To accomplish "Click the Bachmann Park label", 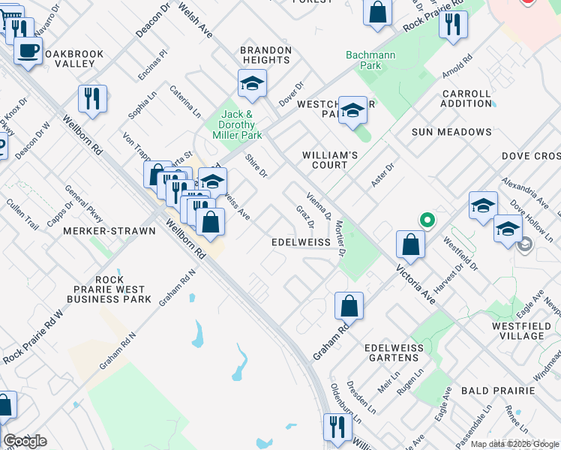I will [364, 60].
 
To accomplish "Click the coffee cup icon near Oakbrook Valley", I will [28, 51].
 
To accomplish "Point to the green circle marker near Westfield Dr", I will [427, 220].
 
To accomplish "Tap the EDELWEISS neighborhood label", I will [300, 243].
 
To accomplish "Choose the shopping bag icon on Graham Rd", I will [349, 305].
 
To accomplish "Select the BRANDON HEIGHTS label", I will [265, 56].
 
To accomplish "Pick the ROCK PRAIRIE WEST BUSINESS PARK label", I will [104, 289].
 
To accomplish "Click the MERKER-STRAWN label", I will [109, 231].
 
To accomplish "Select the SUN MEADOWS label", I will [451, 132].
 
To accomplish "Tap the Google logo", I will [25, 441].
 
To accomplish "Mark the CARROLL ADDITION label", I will [466, 99].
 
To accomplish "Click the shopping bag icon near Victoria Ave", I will [410, 243].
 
